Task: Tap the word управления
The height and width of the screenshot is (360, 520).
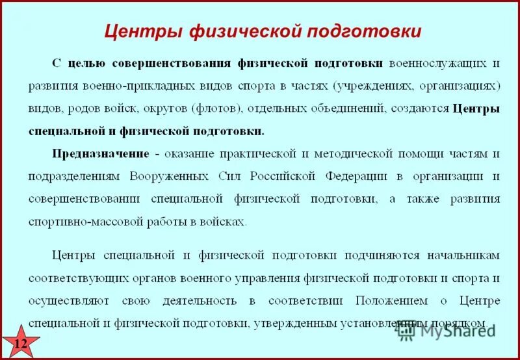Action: point(269,278)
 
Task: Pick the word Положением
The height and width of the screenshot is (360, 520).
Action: point(392,301)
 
